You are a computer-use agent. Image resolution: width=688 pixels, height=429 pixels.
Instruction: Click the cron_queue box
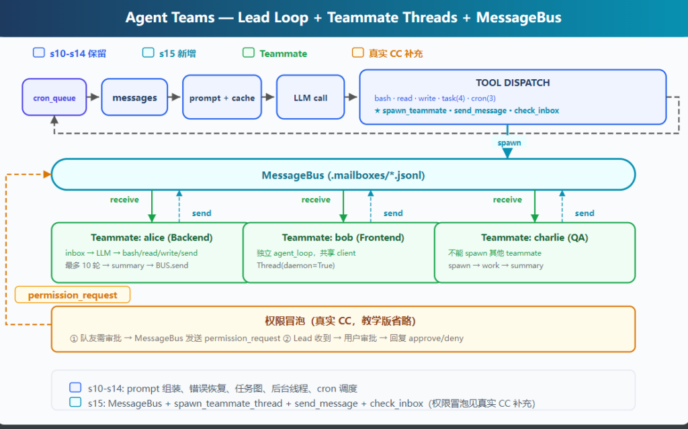click(x=54, y=97)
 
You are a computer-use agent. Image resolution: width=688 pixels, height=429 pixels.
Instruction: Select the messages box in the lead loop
click(x=134, y=97)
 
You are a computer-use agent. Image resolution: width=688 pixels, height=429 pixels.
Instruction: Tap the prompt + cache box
click(x=222, y=97)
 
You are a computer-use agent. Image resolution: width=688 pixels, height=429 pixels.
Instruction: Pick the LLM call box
click(x=310, y=97)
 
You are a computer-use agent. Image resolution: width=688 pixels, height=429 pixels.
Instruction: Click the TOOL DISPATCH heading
click(x=513, y=83)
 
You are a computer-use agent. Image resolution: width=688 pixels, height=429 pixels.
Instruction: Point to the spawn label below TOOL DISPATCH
click(x=509, y=142)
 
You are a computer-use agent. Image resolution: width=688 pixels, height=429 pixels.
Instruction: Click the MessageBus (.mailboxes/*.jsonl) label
click(x=343, y=175)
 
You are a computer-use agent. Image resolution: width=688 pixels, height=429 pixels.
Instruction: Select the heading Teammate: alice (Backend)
click(x=151, y=237)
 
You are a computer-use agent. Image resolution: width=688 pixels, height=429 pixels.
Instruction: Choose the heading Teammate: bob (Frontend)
click(x=343, y=237)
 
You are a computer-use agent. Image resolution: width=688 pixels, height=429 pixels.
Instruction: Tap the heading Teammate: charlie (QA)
click(x=534, y=237)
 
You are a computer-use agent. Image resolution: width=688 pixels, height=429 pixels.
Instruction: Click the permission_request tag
click(x=73, y=295)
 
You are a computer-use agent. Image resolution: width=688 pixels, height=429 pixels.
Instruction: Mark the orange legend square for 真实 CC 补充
click(x=357, y=52)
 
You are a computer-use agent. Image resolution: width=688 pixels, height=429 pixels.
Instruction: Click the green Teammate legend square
click(x=249, y=52)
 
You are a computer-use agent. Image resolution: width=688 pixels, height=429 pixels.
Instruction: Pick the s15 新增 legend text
click(x=177, y=54)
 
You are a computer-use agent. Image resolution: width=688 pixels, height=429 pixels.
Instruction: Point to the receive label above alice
click(x=124, y=199)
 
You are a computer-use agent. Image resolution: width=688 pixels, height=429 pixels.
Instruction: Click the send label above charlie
click(x=585, y=213)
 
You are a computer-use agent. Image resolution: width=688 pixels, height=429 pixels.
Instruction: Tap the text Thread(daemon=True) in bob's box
click(x=296, y=265)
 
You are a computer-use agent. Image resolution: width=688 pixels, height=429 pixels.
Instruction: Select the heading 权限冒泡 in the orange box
click(x=285, y=321)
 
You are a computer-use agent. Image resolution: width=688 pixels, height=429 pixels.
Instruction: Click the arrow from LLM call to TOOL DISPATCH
click(x=351, y=97)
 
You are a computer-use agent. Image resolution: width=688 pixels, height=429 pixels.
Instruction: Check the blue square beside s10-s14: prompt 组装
click(x=75, y=388)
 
